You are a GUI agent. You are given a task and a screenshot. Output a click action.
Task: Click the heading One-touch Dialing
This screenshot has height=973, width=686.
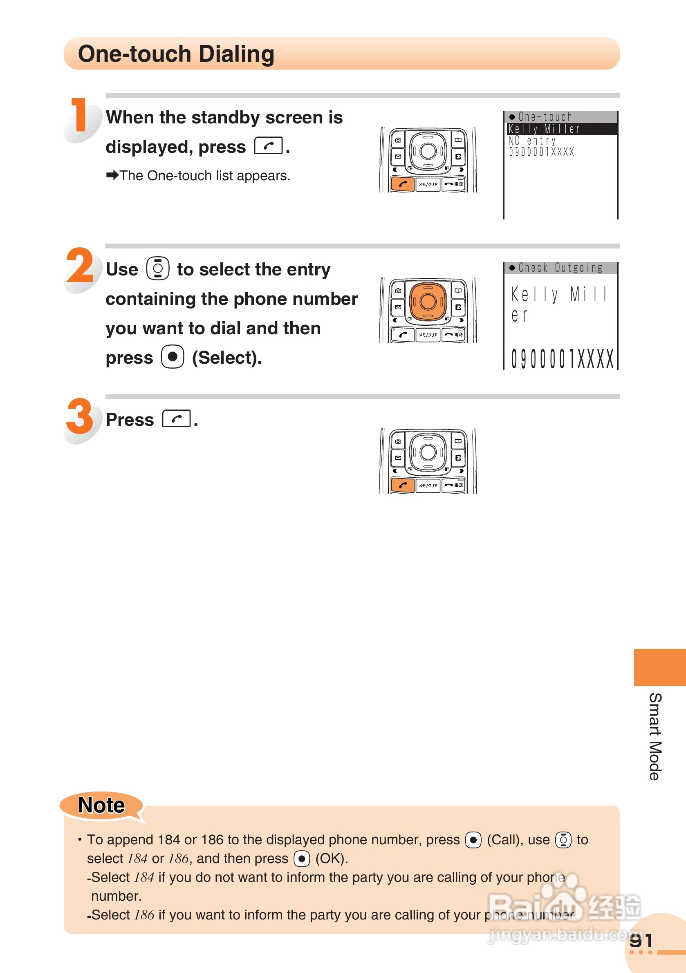(x=176, y=54)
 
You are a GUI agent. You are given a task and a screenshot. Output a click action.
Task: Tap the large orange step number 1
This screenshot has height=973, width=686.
(x=80, y=115)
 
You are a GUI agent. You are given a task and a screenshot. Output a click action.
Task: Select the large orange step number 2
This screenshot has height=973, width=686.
(x=80, y=266)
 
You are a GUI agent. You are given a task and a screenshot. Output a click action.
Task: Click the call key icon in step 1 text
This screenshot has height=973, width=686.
(x=268, y=146)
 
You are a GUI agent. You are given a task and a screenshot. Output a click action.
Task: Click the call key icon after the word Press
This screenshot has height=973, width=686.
(x=176, y=419)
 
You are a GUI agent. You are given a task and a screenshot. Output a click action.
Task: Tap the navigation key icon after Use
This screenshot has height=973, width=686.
(x=158, y=268)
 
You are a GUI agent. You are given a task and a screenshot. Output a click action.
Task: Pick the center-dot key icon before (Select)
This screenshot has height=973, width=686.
(x=173, y=357)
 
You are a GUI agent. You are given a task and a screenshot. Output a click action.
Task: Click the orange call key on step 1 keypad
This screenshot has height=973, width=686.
(x=402, y=185)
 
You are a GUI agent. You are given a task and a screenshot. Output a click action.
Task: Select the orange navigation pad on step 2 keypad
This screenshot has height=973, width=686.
(x=428, y=301)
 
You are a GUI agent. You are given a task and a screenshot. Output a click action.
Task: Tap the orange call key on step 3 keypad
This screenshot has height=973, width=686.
(x=402, y=485)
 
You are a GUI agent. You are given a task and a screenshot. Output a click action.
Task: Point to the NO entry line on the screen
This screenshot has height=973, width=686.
(x=532, y=140)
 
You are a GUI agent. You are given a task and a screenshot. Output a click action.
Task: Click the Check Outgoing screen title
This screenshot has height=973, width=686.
(x=560, y=268)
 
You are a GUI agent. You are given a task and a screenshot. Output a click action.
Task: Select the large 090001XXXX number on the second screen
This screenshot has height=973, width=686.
(x=562, y=359)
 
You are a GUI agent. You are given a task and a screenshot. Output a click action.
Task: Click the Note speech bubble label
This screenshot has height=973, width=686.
(x=101, y=805)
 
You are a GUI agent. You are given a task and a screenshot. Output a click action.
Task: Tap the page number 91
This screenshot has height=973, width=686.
(x=641, y=941)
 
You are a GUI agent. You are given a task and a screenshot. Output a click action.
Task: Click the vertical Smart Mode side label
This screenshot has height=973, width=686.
(x=655, y=736)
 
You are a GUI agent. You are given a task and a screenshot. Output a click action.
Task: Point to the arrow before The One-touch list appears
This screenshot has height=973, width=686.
(x=112, y=175)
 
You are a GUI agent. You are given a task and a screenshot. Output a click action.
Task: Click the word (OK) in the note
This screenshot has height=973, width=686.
(x=332, y=859)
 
